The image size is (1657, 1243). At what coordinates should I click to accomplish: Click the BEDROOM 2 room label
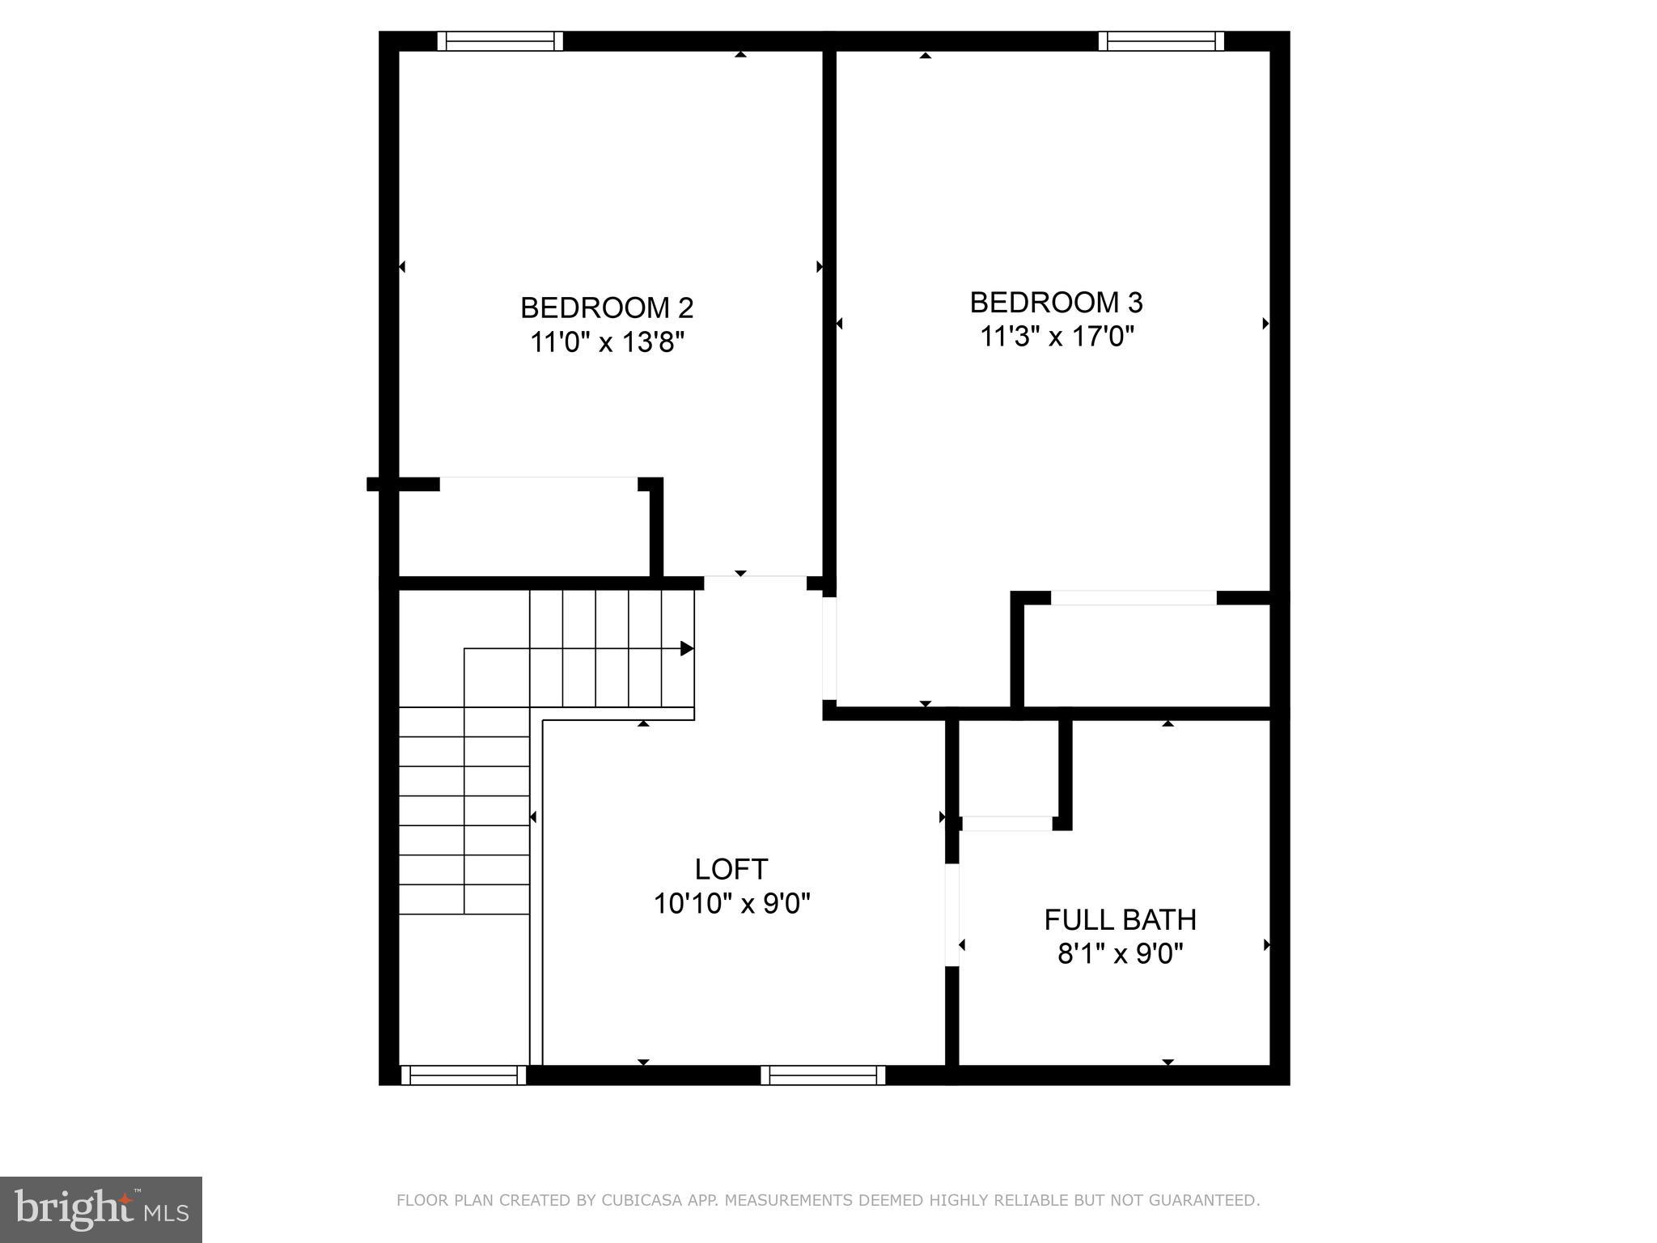tap(607, 308)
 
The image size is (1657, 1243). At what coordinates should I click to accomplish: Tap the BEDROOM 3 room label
tap(1056, 302)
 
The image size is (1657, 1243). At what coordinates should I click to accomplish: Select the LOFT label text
tap(731, 869)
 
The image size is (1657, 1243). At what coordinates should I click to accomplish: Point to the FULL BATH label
tap(1120, 920)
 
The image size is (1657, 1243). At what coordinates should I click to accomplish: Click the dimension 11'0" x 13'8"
tap(607, 342)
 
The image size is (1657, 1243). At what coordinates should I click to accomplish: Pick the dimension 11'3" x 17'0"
tap(1057, 337)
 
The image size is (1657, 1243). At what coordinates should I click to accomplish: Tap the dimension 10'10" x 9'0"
tap(731, 903)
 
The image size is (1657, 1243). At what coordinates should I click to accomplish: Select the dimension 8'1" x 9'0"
tap(1120, 955)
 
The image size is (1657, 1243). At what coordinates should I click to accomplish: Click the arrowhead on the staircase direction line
tap(687, 648)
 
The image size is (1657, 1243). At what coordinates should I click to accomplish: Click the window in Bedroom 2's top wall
tap(500, 40)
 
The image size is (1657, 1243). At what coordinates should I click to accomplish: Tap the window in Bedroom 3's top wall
tap(1161, 40)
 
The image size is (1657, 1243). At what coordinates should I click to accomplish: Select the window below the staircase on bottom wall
tap(464, 1075)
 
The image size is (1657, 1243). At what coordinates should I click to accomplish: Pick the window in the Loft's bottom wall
tap(823, 1075)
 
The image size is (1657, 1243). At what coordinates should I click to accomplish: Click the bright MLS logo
tap(101, 1210)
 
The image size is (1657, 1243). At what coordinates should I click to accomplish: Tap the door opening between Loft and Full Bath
tap(952, 914)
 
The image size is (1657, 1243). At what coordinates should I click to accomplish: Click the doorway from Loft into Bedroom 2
tap(755, 582)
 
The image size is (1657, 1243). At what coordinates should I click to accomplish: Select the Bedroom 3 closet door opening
tap(1133, 597)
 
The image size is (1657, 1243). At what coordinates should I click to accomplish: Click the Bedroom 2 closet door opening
tap(538, 484)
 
